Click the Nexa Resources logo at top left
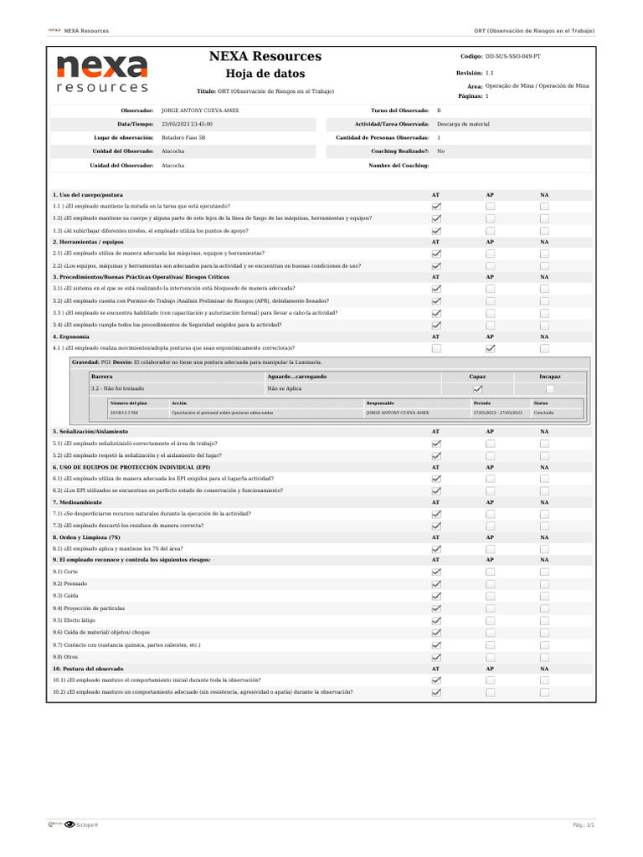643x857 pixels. click(x=102, y=74)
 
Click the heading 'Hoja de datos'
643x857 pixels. click(x=265, y=74)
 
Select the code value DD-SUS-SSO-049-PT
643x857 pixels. click(x=518, y=56)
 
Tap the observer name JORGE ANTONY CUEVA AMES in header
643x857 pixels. click(x=199, y=110)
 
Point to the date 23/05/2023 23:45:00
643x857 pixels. click(x=186, y=124)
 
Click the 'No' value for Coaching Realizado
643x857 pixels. click(x=440, y=151)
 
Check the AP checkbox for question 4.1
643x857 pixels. click(x=490, y=348)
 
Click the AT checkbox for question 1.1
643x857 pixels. click(x=435, y=206)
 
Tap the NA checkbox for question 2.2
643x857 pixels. click(x=544, y=265)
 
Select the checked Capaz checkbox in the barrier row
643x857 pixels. click(x=477, y=389)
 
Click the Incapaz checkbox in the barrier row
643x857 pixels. click(x=550, y=389)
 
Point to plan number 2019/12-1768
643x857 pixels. click(x=125, y=413)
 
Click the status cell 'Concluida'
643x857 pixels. click(x=543, y=413)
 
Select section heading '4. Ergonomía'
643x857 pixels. click(x=70, y=336)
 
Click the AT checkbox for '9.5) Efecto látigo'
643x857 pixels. click(x=435, y=621)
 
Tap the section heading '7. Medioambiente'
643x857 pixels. click(x=76, y=502)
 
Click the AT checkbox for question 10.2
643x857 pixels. click(x=435, y=693)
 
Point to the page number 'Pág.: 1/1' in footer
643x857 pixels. click(x=583, y=825)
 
